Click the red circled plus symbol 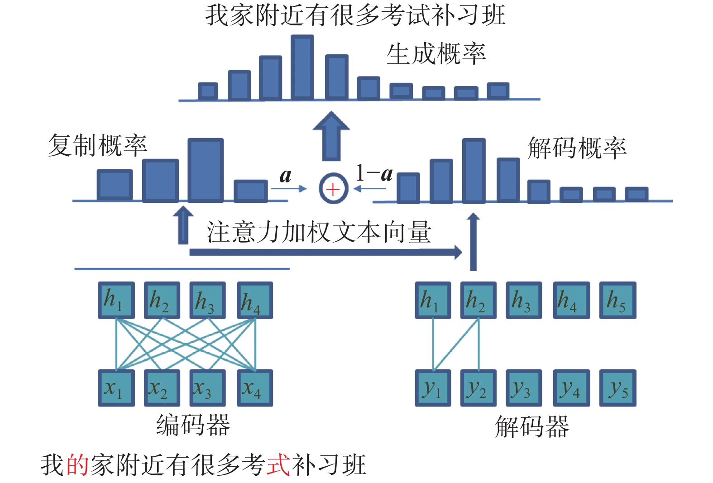pyautogui.click(x=333, y=188)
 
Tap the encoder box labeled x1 pyautogui.click(x=116, y=388)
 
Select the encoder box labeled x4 pyautogui.click(x=255, y=388)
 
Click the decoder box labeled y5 pyautogui.click(x=618, y=388)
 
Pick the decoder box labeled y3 pyautogui.click(x=524, y=388)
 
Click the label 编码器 pyautogui.click(x=193, y=425)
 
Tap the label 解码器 pyautogui.click(x=532, y=426)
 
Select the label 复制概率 pyautogui.click(x=98, y=145)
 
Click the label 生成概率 pyautogui.click(x=436, y=54)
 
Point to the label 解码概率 pyautogui.click(x=577, y=148)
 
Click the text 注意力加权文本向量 pyautogui.click(x=319, y=232)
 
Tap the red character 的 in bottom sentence pyautogui.click(x=78, y=465)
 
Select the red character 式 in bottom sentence pyautogui.click(x=278, y=465)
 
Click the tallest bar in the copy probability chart pyautogui.click(x=206, y=170)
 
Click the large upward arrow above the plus pyautogui.click(x=331, y=136)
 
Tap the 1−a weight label pyautogui.click(x=374, y=173)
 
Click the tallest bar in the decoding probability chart pyautogui.click(x=474, y=170)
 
